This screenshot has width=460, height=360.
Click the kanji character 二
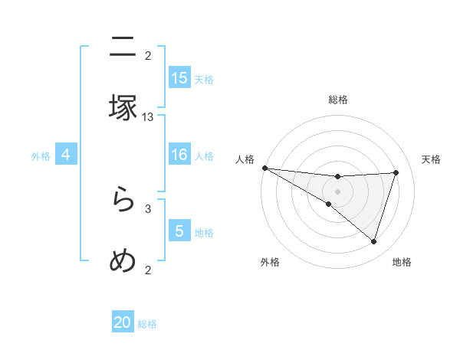[123, 47]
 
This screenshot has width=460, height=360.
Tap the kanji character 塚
[123, 107]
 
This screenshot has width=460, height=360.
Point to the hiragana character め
[123, 260]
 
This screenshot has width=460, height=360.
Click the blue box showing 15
[179, 77]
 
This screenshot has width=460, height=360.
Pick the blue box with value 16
[179, 155]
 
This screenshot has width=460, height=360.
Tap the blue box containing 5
[179, 231]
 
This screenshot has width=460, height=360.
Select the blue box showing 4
[66, 155]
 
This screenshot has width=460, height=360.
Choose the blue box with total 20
[123, 322]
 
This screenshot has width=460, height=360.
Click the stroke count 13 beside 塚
[148, 116]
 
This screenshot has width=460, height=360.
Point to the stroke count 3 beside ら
[148, 208]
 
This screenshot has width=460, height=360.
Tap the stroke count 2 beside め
[148, 269]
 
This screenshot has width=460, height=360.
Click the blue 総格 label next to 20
[147, 324]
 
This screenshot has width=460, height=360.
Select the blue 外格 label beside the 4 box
[41, 156]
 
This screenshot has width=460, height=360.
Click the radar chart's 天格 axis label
[431, 159]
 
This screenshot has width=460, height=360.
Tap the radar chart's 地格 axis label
[402, 263]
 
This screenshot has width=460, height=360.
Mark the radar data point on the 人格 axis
[264, 168]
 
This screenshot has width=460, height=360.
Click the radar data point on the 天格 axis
[396, 172]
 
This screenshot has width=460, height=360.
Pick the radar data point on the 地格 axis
[374, 242]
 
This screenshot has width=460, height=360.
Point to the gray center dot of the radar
[337, 191]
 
